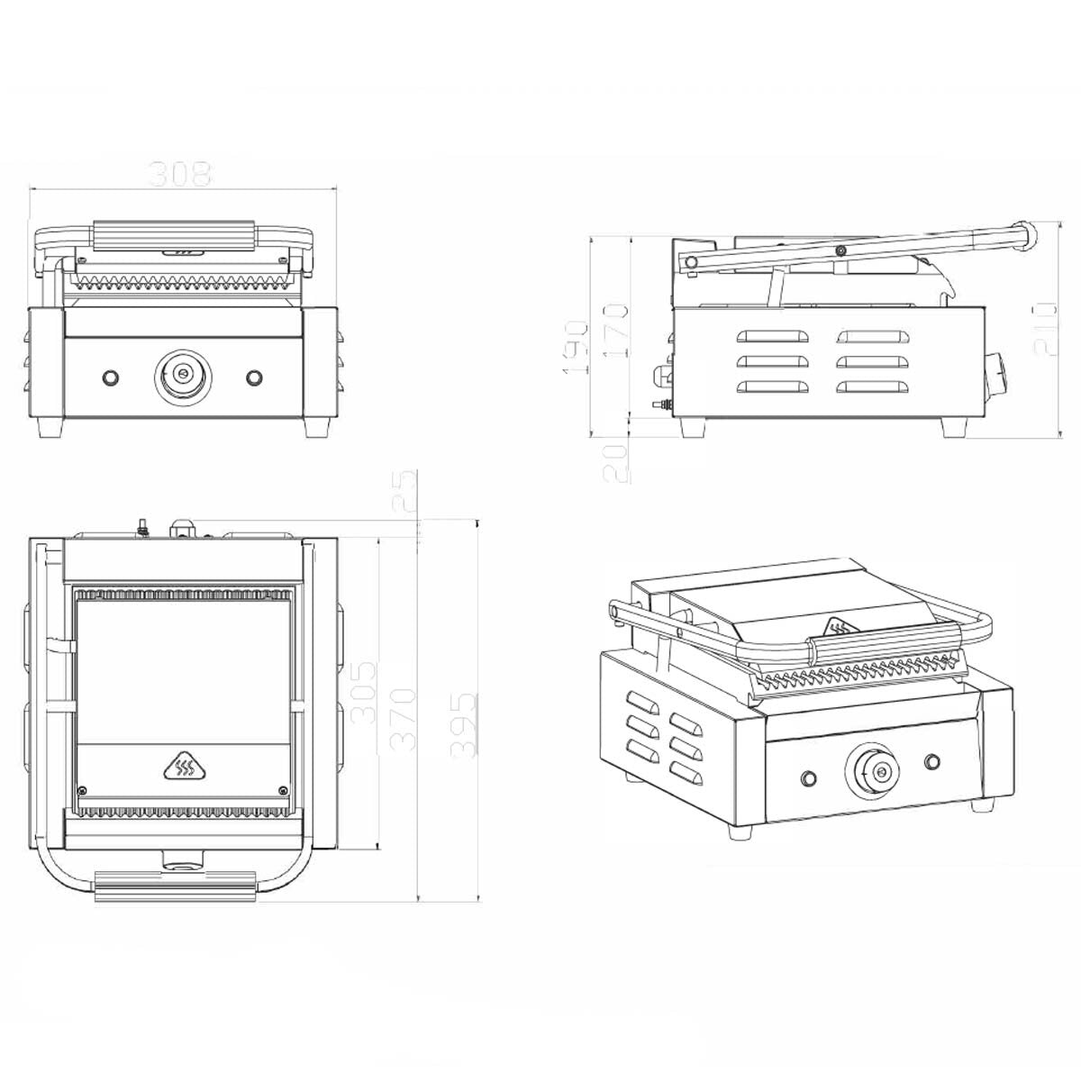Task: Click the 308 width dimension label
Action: pos(179,174)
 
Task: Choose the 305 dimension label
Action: pos(363,694)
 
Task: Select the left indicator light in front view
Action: pos(112,376)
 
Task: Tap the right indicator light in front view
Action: pos(255,376)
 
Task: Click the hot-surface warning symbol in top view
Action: pos(184,767)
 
